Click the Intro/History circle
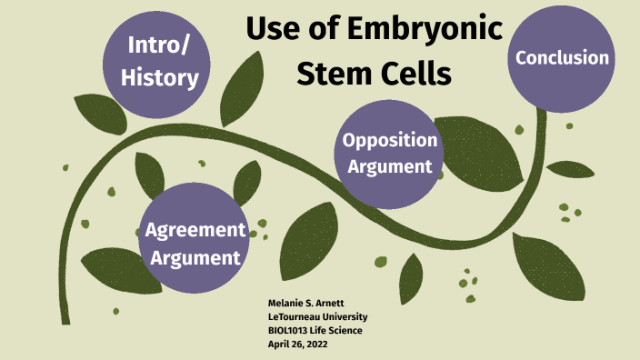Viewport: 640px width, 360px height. pyautogui.click(x=162, y=62)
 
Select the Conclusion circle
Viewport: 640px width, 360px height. pyautogui.click(x=562, y=58)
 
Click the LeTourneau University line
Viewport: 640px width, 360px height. pyautogui.click(x=317, y=316)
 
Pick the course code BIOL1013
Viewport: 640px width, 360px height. pyautogui.click(x=288, y=330)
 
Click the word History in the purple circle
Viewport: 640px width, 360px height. pyautogui.click(x=163, y=78)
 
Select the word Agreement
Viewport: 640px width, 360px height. pyautogui.click(x=195, y=229)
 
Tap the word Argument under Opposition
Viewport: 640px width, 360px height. pyautogui.click(x=392, y=166)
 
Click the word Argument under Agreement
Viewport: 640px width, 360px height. pyautogui.click(x=195, y=257)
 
